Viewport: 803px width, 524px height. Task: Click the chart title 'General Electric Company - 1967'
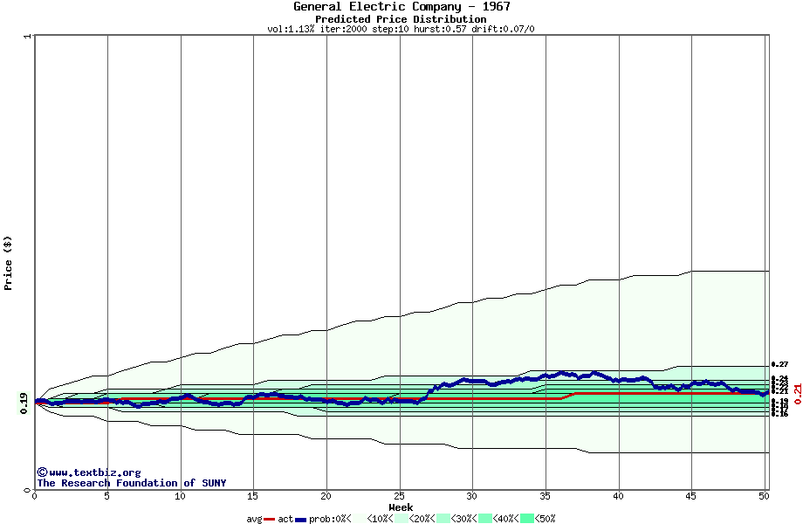[401, 7]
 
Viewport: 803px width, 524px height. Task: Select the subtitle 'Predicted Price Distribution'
[401, 19]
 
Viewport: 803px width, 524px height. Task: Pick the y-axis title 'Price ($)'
[9, 262]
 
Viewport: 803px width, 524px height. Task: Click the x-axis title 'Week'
[401, 507]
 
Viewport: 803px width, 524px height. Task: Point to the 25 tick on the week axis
[399, 496]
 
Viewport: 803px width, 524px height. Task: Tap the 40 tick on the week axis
[618, 496]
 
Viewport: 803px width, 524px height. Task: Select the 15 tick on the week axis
[253, 496]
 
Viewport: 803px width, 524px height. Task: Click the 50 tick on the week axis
[764, 496]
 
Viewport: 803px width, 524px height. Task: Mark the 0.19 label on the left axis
[24, 402]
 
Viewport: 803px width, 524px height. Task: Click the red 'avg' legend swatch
[270, 519]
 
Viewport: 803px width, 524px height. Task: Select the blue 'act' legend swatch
[300, 519]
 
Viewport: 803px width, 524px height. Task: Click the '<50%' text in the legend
[546, 519]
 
